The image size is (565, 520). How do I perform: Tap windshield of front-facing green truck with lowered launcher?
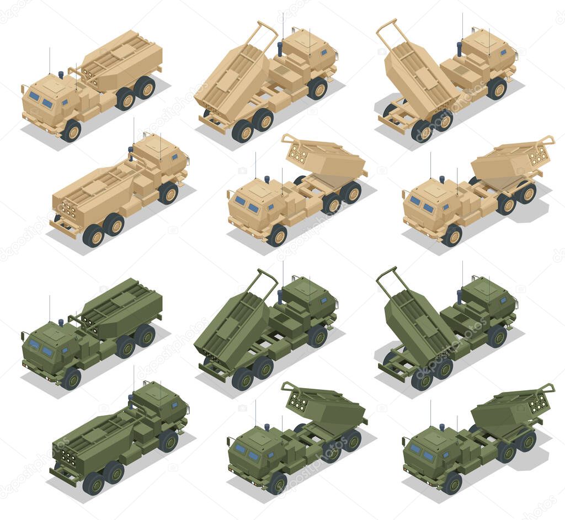(40, 348)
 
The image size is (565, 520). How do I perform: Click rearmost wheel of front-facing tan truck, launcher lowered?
(145, 87)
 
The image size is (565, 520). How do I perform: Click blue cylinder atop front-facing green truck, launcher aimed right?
(441, 427)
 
